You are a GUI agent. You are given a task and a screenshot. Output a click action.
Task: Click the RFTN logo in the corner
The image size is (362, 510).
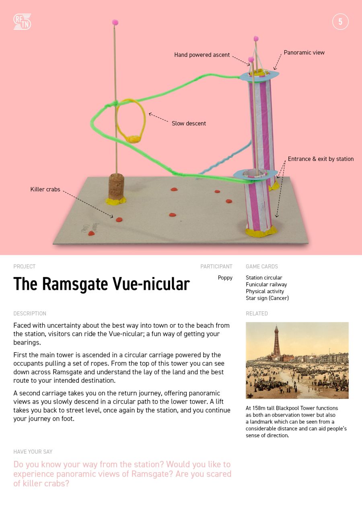(22, 22)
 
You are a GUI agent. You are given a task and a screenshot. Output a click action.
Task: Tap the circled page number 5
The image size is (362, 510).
(340, 22)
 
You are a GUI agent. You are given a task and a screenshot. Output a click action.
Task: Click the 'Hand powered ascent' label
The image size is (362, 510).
(202, 55)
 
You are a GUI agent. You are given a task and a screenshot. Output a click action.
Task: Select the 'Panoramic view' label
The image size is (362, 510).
(304, 52)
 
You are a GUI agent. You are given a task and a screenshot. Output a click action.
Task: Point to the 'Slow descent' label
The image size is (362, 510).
(189, 124)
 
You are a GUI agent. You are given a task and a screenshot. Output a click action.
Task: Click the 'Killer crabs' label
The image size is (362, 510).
(45, 189)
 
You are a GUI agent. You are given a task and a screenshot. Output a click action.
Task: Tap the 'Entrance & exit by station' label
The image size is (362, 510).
(321, 159)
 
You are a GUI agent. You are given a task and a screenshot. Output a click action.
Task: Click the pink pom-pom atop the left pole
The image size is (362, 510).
(115, 22)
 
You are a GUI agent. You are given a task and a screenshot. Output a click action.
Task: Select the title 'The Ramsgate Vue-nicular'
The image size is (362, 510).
(101, 284)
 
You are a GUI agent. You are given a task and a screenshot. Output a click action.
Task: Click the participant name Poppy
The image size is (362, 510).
(225, 278)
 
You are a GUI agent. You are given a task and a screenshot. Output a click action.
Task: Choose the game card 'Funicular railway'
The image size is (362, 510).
(266, 285)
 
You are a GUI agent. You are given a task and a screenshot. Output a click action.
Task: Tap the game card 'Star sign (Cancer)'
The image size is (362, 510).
(267, 298)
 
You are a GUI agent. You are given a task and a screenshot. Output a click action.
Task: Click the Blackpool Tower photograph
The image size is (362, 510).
(297, 360)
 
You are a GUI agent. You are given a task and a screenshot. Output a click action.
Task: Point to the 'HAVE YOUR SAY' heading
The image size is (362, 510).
(33, 452)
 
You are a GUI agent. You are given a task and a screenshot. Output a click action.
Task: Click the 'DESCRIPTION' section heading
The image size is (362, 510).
(30, 314)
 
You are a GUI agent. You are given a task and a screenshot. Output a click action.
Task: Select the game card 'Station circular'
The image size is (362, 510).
(264, 278)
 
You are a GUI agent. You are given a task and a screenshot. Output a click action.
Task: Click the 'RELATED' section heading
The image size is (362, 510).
(257, 314)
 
